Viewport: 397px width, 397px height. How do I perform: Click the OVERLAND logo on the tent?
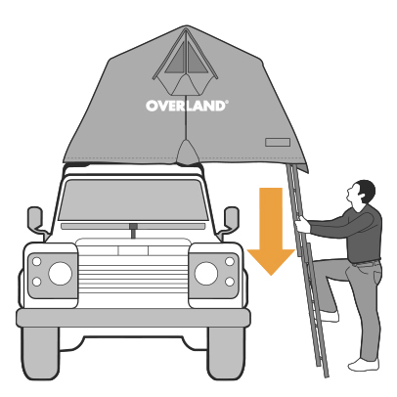click(187, 106)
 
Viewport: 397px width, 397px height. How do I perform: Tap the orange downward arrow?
click(271, 231)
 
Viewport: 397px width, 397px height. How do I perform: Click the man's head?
click(362, 193)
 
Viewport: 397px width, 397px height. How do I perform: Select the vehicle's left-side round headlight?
click(60, 273)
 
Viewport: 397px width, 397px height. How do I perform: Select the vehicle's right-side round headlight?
click(206, 273)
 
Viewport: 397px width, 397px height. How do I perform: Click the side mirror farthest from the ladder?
click(37, 221)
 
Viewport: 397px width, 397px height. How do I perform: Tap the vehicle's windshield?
click(133, 199)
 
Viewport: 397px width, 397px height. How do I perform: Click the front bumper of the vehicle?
click(133, 318)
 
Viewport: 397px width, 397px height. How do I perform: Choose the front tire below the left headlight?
click(40, 353)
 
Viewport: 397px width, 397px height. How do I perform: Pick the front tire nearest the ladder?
click(226, 353)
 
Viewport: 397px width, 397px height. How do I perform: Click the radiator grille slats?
click(133, 275)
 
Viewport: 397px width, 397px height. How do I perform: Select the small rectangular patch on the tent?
click(278, 142)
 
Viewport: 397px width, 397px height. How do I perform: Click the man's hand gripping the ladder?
click(302, 225)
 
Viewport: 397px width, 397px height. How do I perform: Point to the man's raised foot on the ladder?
click(329, 316)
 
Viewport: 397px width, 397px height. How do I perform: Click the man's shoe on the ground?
click(364, 365)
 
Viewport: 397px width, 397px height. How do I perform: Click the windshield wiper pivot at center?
click(133, 230)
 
